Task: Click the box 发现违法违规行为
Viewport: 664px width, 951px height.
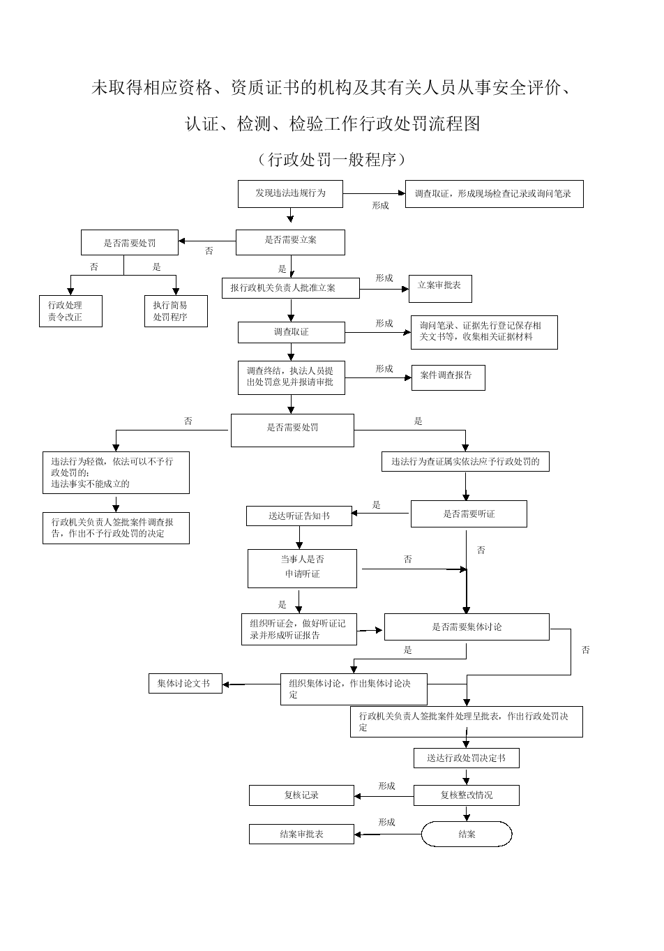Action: (x=290, y=193)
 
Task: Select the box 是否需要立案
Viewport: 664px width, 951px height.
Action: (x=290, y=241)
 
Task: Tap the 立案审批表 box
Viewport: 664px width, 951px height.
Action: (x=439, y=287)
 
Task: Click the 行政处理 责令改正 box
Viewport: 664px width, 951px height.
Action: (x=70, y=311)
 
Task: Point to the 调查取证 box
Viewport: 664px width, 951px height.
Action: (x=292, y=332)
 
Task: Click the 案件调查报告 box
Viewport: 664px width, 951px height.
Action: (x=448, y=377)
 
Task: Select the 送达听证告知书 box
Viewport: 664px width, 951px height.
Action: (x=299, y=516)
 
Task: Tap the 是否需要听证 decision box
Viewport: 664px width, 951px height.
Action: (x=468, y=514)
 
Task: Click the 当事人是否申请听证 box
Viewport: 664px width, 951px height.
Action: (x=302, y=568)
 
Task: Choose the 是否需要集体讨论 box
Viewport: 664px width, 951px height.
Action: (x=467, y=627)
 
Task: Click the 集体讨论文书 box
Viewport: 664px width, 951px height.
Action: (x=185, y=684)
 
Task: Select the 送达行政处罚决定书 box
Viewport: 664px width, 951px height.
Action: (x=466, y=758)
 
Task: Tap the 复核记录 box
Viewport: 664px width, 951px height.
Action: (x=301, y=795)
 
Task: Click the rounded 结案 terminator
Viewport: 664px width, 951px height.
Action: (x=467, y=834)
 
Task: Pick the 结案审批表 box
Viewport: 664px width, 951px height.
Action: (x=301, y=834)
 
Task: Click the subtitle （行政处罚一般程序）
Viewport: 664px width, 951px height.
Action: (x=332, y=160)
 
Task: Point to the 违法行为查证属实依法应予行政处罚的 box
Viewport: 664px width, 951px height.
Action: (x=465, y=462)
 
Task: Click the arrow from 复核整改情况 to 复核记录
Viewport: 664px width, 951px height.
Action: (x=384, y=795)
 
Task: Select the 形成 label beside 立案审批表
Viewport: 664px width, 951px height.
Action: (x=384, y=278)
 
